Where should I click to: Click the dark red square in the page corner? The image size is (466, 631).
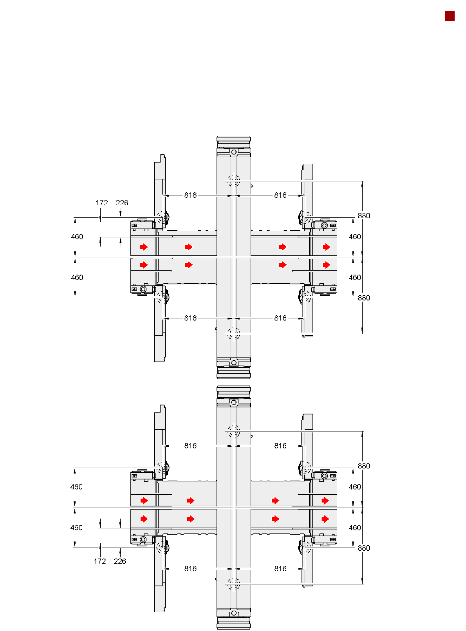(x=450, y=16)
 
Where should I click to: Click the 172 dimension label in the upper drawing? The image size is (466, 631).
(x=101, y=202)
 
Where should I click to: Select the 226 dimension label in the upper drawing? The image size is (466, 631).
(x=122, y=202)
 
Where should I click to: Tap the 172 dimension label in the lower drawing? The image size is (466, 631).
(x=99, y=561)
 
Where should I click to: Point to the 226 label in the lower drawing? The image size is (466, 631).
(x=120, y=561)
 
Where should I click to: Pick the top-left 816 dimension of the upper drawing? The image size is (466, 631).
(x=190, y=195)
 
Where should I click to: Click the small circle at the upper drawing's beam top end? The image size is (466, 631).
(x=233, y=152)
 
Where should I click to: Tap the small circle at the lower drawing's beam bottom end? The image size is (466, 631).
(x=233, y=613)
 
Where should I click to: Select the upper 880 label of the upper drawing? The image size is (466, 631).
(x=363, y=216)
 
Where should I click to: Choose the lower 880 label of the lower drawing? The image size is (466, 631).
(x=363, y=548)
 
